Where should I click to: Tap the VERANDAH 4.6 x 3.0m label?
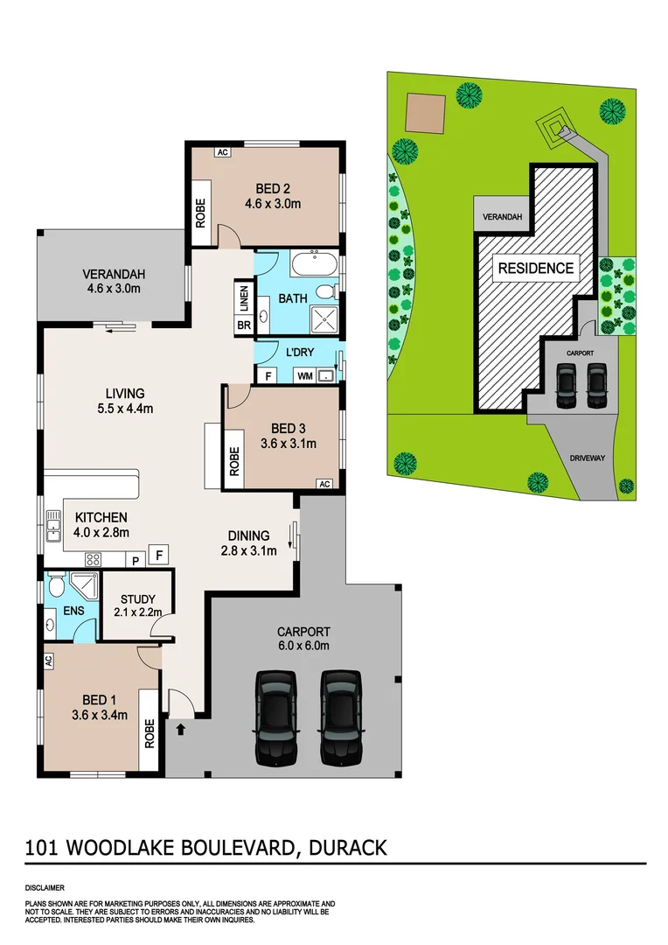(113, 280)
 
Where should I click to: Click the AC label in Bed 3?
(324, 484)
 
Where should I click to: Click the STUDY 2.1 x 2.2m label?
(137, 605)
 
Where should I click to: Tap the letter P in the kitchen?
(136, 558)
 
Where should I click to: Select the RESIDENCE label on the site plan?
(536, 268)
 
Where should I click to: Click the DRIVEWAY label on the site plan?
(588, 458)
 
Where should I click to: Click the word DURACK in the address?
(345, 847)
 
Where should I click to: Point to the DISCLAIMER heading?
(45, 887)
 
